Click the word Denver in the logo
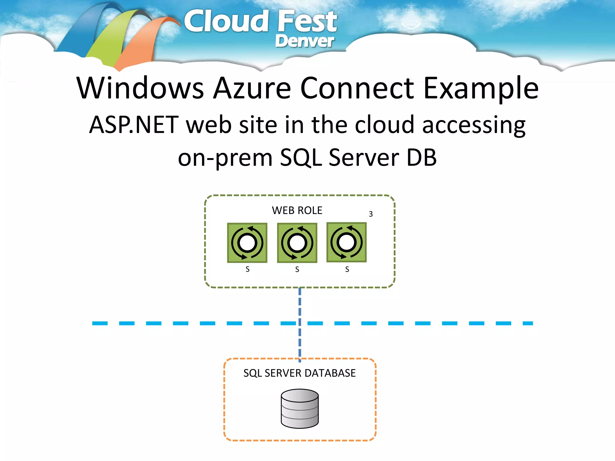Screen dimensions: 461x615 tap(304, 41)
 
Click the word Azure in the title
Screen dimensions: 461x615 tap(252, 88)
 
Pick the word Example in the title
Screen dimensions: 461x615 tap(481, 89)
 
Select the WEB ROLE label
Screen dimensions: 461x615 tap(297, 210)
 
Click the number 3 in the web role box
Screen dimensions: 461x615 tap(371, 214)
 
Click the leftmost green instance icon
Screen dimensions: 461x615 tap(247, 243)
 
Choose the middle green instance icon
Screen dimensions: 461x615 tap(297, 243)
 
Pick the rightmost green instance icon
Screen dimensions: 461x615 tap(347, 242)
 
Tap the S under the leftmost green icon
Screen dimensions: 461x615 tap(247, 269)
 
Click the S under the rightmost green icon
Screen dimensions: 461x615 tap(347, 269)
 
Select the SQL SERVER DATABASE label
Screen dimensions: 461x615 tap(299, 373)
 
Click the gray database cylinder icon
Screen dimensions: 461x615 tap(300, 408)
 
